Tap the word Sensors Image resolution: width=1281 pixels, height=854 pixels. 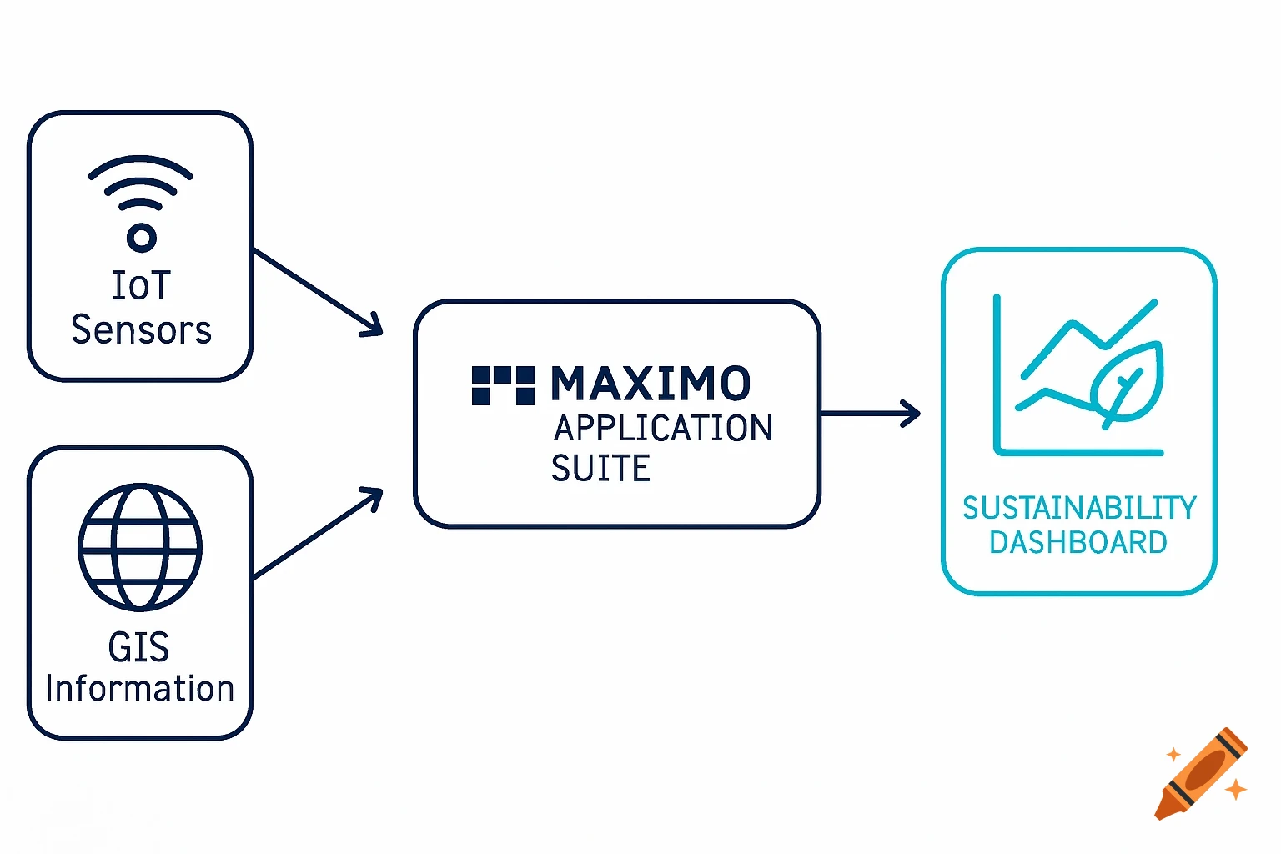pyautogui.click(x=141, y=330)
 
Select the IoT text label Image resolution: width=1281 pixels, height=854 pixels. pyautogui.click(x=141, y=286)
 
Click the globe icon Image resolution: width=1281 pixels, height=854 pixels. pyautogui.click(x=140, y=547)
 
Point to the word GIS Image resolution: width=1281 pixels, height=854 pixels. pyautogui.click(x=138, y=647)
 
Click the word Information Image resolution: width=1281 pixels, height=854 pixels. pyautogui.click(x=140, y=690)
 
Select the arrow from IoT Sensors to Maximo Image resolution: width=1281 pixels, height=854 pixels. pyautogui.click(x=317, y=291)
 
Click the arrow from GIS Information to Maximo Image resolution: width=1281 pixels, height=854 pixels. pyautogui.click(x=317, y=534)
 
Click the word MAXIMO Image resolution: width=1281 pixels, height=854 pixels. pyautogui.click(x=651, y=384)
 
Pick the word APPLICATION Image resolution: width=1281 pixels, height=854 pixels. pyautogui.click(x=663, y=429)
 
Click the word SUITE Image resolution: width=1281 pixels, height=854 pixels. pyautogui.click(x=600, y=469)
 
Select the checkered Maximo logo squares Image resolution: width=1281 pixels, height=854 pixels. pyautogui.click(x=503, y=385)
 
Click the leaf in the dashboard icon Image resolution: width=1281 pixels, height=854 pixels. pyautogui.click(x=1128, y=384)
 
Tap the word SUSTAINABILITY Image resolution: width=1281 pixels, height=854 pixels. pyautogui.click(x=1079, y=508)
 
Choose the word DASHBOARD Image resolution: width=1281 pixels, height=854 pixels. pyautogui.click(x=1078, y=543)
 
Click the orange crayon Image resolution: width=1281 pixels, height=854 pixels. pyautogui.click(x=1201, y=774)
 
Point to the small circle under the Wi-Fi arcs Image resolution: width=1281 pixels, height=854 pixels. pyautogui.click(x=141, y=238)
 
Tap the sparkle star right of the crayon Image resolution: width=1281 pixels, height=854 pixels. pyautogui.click(x=1236, y=788)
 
